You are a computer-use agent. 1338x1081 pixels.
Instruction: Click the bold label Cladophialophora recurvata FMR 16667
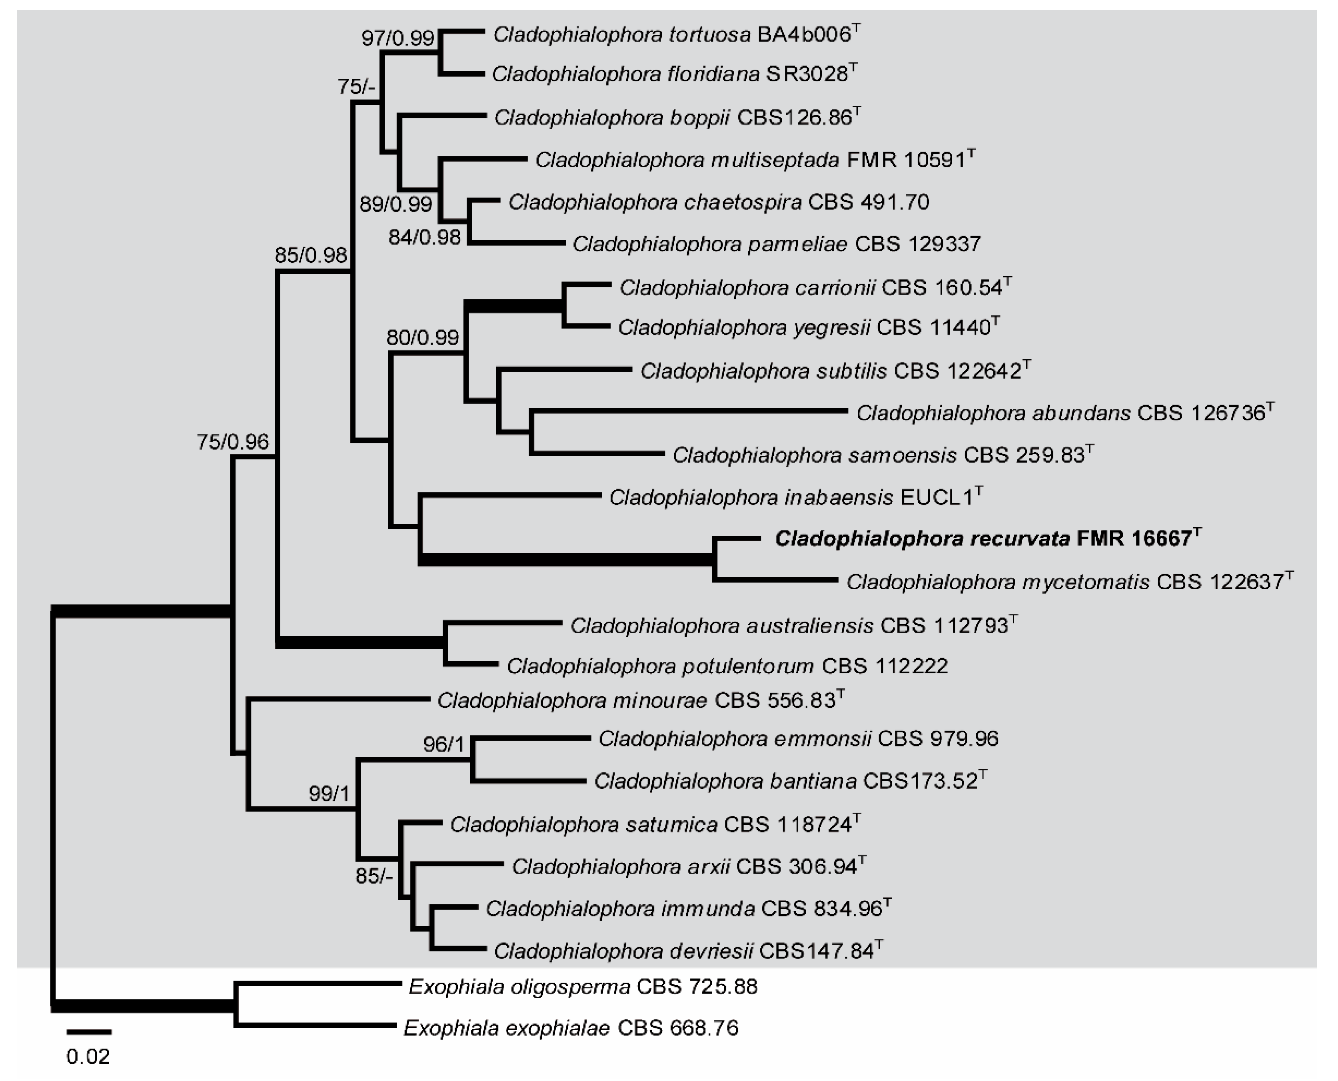987,539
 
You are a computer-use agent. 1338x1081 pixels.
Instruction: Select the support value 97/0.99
397,39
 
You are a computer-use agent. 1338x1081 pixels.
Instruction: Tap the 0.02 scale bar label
88,1057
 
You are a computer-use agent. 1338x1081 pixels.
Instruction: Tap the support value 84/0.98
424,237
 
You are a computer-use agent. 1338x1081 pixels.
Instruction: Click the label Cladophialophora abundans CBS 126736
1064,413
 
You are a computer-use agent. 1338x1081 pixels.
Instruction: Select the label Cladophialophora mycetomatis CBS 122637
1069,582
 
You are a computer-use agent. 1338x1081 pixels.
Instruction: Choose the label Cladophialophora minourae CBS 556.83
640,701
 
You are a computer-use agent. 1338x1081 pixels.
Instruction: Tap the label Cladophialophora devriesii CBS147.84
688,951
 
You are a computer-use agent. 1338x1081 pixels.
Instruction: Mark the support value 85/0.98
310,255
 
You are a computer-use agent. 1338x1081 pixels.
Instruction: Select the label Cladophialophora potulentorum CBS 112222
727,666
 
